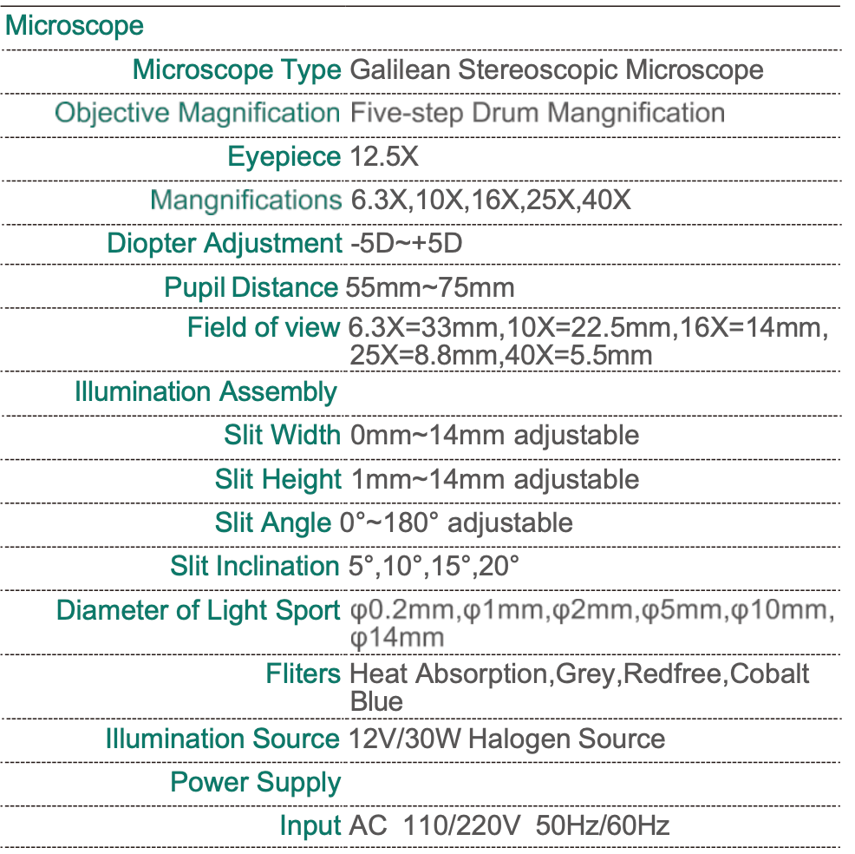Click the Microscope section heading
[75, 25]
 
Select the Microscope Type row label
[237, 69]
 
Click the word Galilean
[400, 69]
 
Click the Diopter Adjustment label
[225, 244]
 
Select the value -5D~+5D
[406, 244]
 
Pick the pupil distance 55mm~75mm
[430, 287]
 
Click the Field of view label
[263, 328]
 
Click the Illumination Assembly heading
[206, 391]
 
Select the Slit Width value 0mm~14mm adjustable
[494, 435]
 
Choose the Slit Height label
[278, 479]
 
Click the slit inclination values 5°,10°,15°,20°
[434, 566]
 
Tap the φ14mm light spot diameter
[396, 638]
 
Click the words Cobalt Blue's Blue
[376, 700]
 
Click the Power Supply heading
[256, 782]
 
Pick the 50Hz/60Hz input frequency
[603, 825]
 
